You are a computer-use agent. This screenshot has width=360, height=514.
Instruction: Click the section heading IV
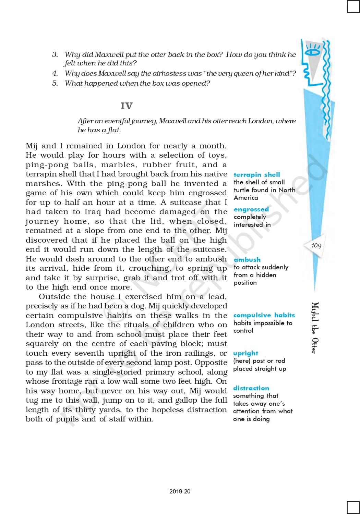[126, 106]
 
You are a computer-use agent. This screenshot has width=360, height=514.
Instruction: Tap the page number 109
[316, 245]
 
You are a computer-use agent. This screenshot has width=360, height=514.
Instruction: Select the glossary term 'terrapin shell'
[256, 175]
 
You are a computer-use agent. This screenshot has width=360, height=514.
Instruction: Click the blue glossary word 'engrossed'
[251, 209]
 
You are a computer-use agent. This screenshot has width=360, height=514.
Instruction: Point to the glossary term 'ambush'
[247, 260]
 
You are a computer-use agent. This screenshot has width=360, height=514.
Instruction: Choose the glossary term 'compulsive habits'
[264, 315]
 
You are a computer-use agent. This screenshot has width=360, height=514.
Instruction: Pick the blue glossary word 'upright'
[245, 353]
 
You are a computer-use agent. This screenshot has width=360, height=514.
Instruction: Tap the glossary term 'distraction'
[251, 388]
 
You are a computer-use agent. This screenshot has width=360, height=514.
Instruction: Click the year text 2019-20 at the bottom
[180, 491]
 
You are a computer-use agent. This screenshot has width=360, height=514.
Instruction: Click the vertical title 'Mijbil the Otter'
[315, 328]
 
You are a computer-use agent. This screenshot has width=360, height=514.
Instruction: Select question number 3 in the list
[55, 54]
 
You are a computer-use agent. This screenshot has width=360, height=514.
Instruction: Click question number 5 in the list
[55, 83]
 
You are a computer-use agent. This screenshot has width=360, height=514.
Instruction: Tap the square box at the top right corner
[353, 6]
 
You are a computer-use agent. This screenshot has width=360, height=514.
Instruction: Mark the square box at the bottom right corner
[353, 507]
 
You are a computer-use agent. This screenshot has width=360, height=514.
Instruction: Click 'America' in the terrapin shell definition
[246, 198]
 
